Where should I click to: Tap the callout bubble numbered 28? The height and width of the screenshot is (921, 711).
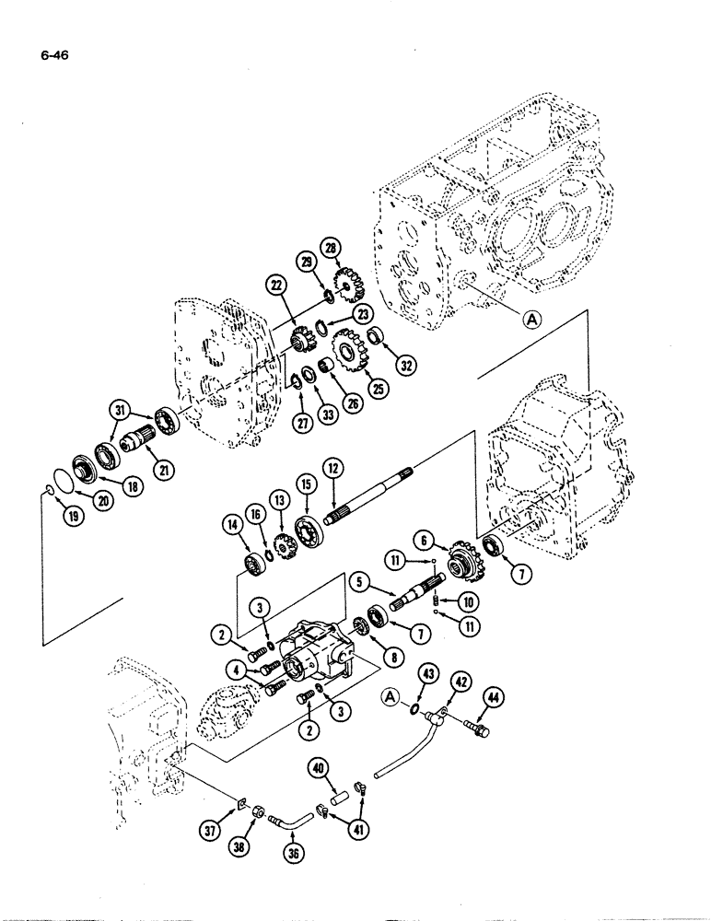click(x=329, y=247)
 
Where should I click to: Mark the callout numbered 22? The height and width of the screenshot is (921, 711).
click(x=276, y=286)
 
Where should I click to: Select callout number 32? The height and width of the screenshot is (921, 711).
click(x=402, y=364)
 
